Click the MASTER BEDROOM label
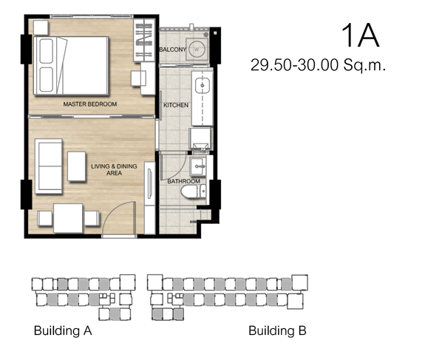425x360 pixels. click(x=90, y=104)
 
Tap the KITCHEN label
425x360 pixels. click(x=176, y=105)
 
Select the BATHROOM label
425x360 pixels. click(x=184, y=181)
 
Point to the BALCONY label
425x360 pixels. click(x=173, y=50)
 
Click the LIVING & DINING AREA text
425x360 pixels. click(x=114, y=170)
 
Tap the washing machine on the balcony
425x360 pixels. click(x=197, y=50)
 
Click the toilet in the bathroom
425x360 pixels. click(x=193, y=191)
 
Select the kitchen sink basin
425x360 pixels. click(x=203, y=86)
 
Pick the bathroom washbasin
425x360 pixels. click(x=197, y=166)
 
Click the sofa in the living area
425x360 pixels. click(x=49, y=166)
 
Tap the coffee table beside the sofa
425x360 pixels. click(x=77, y=166)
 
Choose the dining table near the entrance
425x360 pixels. click(x=68, y=218)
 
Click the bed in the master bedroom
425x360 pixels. click(x=71, y=66)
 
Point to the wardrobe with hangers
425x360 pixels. click(x=144, y=41)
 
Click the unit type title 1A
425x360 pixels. click(x=360, y=35)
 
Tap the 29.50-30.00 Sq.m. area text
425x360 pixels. click(x=318, y=65)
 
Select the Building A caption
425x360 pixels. click(x=63, y=330)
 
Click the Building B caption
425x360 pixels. click(x=277, y=330)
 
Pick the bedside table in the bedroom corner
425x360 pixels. click(x=41, y=27)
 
